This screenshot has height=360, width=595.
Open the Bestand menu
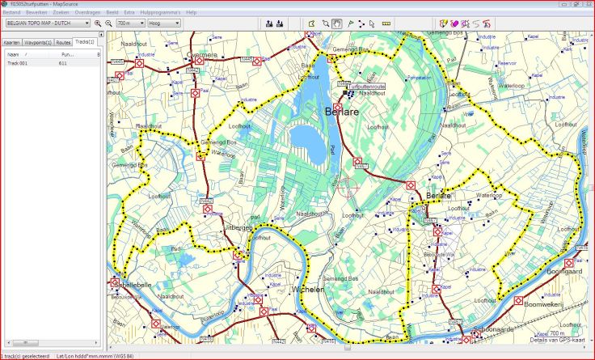11,13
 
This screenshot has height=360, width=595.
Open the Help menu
191,13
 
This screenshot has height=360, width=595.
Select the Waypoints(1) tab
38,41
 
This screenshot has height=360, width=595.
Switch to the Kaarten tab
11,41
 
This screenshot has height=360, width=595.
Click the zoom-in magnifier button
98,23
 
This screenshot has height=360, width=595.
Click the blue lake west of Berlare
306,139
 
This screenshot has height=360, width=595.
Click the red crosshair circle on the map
348,187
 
